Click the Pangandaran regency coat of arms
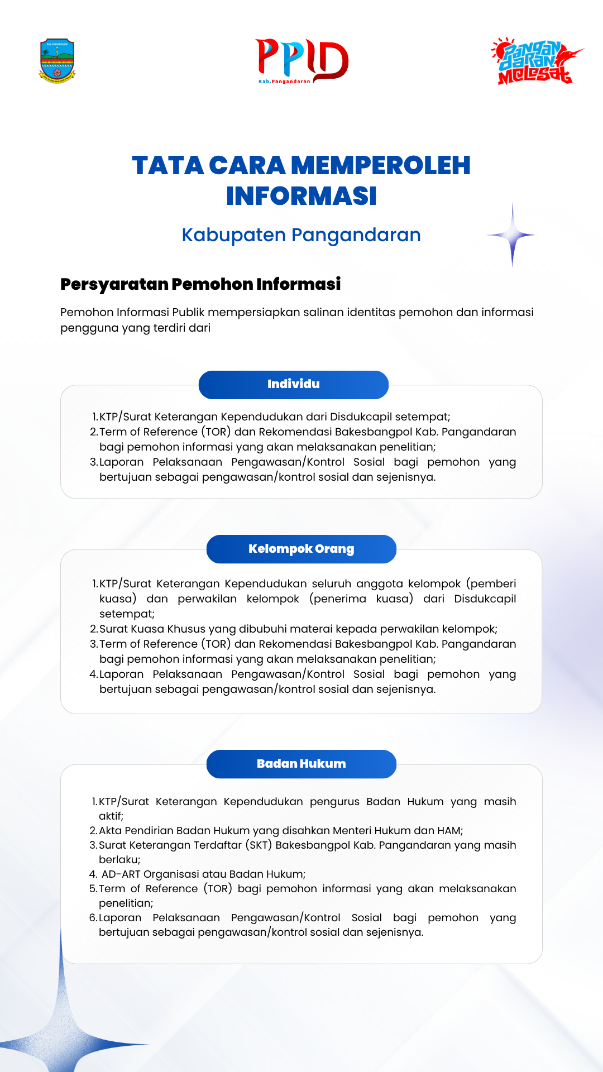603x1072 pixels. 57,61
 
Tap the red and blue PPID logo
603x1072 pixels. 302,60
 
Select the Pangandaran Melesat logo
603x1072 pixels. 536,61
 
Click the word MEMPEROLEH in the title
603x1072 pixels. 380,166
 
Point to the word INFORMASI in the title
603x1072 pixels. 301,196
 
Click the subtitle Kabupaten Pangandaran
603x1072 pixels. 301,235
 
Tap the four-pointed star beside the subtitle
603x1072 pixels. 512,235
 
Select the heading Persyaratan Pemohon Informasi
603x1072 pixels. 200,284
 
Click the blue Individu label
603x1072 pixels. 294,384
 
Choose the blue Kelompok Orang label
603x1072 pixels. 301,549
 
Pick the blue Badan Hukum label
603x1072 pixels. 301,764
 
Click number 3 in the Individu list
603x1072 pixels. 93,462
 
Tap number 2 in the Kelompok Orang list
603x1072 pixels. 93,629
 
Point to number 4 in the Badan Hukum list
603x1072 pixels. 93,874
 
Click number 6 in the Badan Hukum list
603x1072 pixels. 93,918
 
